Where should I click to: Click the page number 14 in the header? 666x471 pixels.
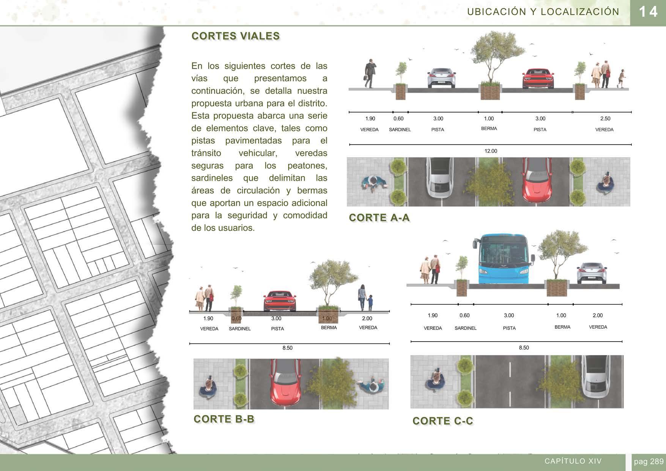click(648, 12)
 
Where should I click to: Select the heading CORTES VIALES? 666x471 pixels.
click(236, 36)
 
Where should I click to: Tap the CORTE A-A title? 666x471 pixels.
click(379, 218)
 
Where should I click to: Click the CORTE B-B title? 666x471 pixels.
click(224, 419)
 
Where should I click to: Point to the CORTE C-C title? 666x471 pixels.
click(442, 421)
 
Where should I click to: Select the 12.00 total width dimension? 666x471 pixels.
click(490, 151)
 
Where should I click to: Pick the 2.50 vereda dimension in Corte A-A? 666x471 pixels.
click(605, 119)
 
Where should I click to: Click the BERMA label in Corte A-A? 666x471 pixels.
click(489, 129)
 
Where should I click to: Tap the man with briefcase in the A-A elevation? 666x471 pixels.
click(370, 74)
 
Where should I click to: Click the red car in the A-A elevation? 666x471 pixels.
click(538, 78)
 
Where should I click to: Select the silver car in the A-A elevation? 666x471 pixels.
click(441, 78)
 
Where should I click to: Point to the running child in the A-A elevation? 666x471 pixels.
click(621, 78)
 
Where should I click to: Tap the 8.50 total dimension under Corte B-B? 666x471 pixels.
click(287, 348)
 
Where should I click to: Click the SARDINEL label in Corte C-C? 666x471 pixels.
click(465, 328)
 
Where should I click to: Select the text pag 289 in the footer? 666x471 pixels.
click(649, 462)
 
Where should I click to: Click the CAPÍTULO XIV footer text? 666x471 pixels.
click(573, 461)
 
